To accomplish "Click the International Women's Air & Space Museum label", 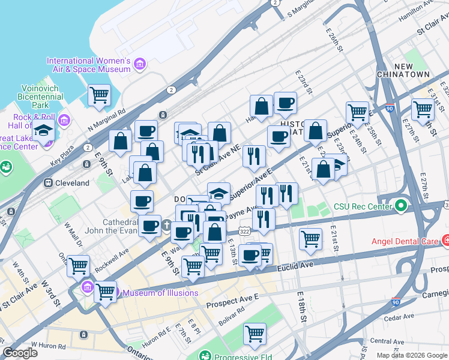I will [88, 65].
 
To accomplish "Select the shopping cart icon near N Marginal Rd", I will [99, 94].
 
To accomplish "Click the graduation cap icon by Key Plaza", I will [43, 130].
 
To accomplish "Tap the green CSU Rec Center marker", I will [400, 206].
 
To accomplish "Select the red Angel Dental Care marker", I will [445, 241].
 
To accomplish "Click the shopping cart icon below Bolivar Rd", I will [255, 334].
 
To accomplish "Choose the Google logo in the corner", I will [20, 353].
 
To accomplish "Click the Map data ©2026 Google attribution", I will [411, 355].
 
